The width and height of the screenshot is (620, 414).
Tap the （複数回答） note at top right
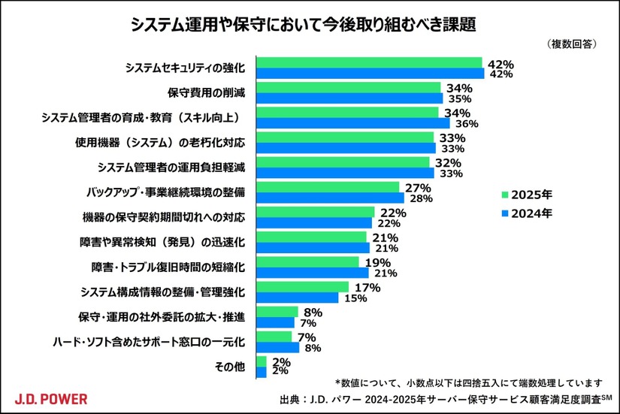pyautogui.click(x=573, y=44)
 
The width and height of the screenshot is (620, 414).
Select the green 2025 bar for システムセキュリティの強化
pyautogui.click(x=369, y=62)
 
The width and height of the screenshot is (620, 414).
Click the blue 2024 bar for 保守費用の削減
pyautogui.click(x=350, y=98)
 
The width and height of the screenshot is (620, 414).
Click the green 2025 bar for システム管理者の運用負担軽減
pyautogui.click(x=343, y=162)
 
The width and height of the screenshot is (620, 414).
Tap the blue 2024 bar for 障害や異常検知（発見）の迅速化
pyautogui.click(x=313, y=247)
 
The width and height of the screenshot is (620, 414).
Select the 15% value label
pyautogui.click(x=355, y=298)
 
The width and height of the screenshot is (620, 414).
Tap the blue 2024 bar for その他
pyautogui.click(x=262, y=372)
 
